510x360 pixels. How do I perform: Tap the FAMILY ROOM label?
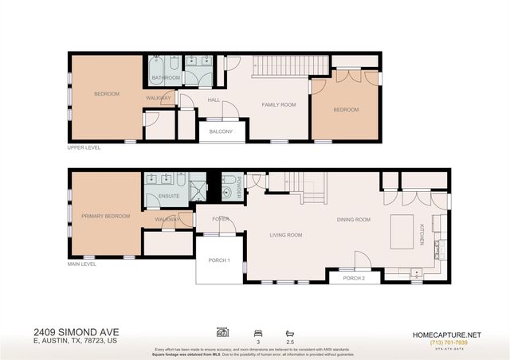[279, 105]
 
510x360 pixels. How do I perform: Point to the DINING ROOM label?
[354, 220]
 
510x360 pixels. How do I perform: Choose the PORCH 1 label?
[218, 260]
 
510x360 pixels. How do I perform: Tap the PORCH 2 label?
[353, 278]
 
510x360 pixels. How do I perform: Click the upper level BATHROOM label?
[167, 77]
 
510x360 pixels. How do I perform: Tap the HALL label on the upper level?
[214, 100]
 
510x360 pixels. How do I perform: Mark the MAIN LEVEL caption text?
[83, 264]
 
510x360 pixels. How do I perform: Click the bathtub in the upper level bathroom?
[155, 68]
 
